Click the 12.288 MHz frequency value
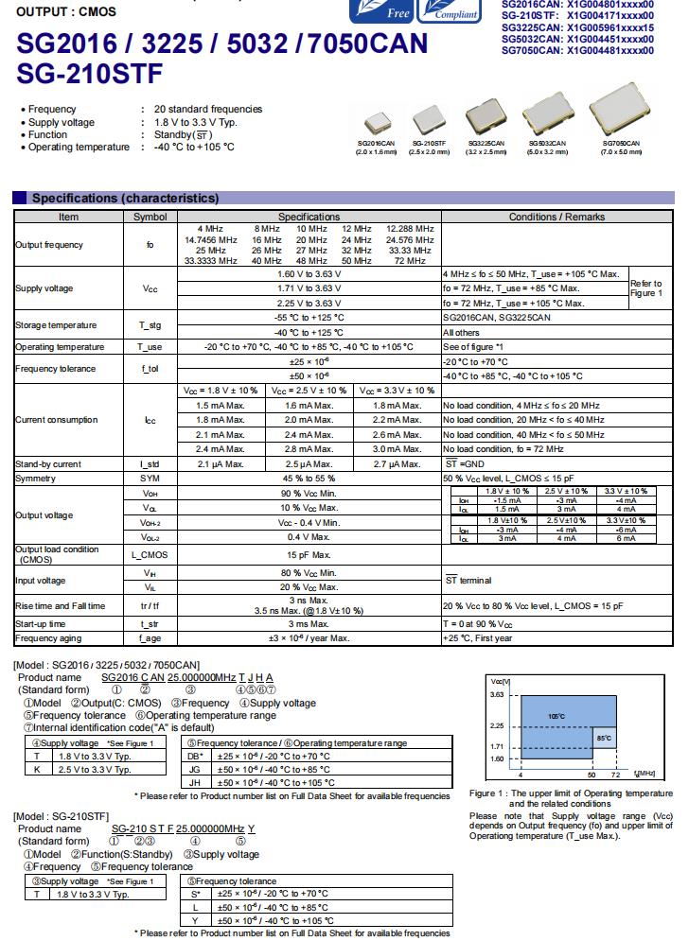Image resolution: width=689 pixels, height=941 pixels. click(410, 229)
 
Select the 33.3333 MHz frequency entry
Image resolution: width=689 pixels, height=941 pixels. click(211, 260)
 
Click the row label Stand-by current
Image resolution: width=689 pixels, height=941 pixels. click(47, 464)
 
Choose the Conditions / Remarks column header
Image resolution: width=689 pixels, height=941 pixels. click(556, 217)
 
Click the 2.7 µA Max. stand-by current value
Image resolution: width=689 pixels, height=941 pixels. click(397, 464)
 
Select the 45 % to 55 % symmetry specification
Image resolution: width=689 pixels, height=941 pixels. click(309, 479)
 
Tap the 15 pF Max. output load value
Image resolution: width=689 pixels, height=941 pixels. click(309, 554)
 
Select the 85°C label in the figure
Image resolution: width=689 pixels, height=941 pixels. click(603, 737)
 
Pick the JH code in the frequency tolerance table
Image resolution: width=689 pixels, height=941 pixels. click(195, 782)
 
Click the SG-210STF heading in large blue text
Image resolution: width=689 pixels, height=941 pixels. click(90, 73)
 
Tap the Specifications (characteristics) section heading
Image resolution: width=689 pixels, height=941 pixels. click(125, 198)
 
